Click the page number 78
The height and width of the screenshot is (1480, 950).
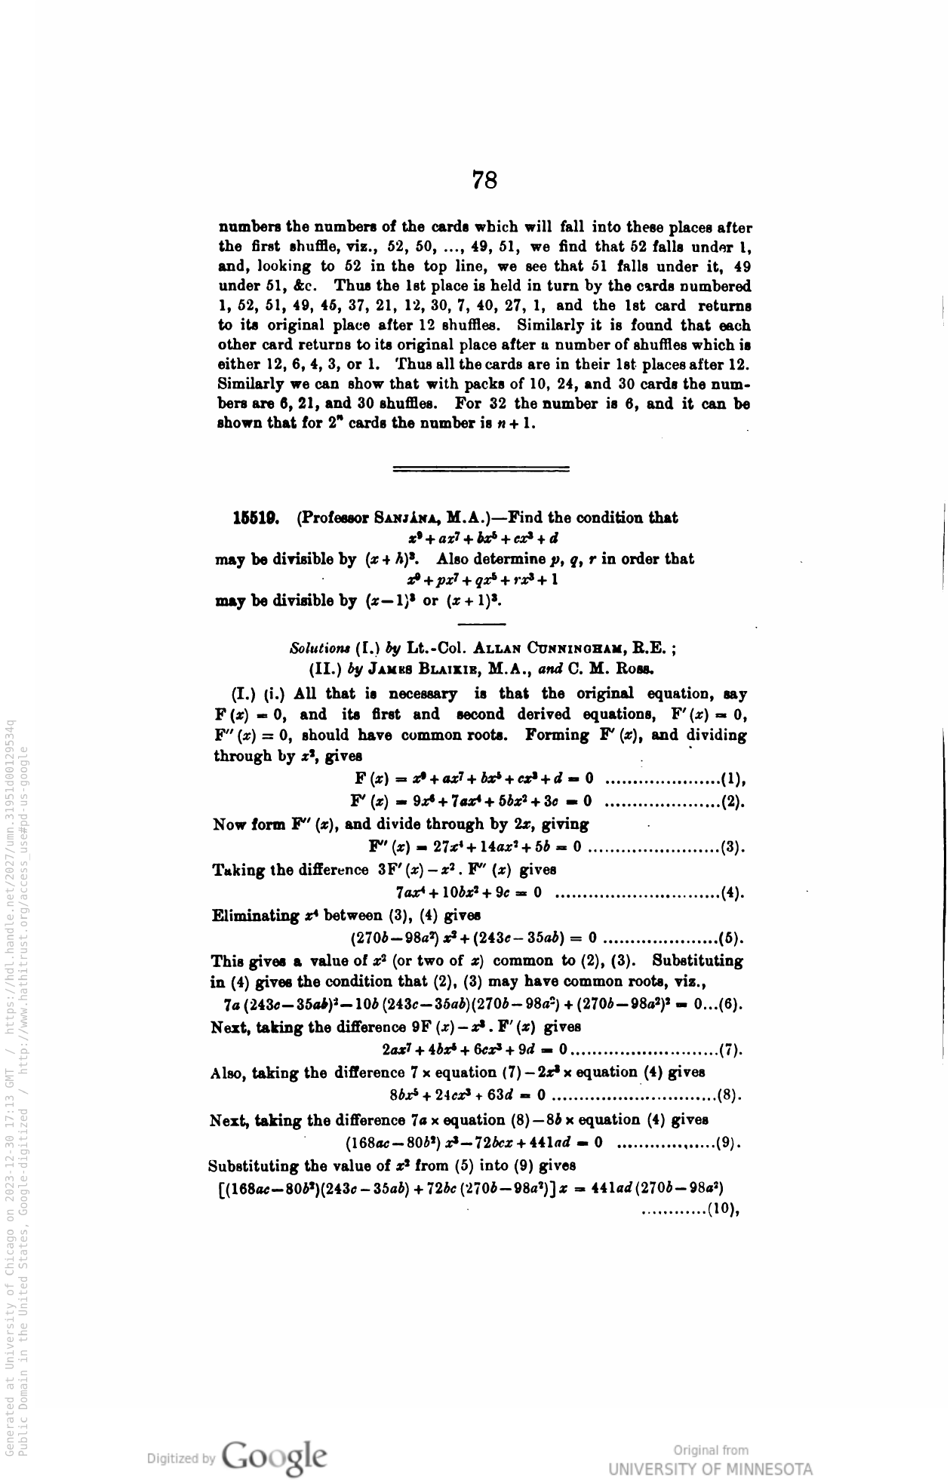[x=484, y=180]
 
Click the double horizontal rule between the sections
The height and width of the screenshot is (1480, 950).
[x=481, y=468]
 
